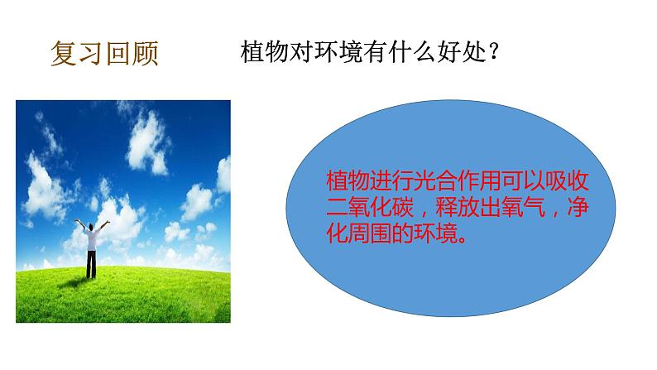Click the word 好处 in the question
[x=457, y=50]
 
